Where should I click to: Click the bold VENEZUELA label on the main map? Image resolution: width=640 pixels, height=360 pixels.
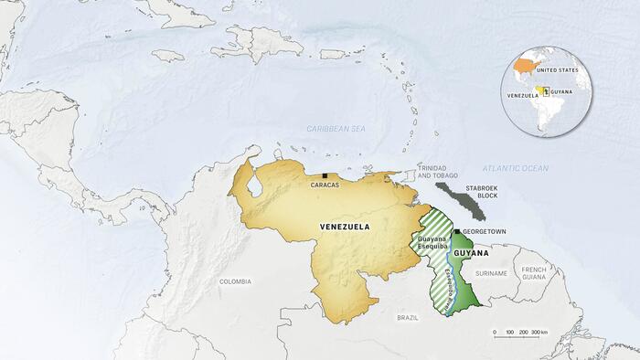(x=345, y=227)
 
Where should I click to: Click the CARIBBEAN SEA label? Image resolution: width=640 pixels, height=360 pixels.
(x=336, y=130)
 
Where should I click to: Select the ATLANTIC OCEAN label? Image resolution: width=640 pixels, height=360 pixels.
(x=515, y=168)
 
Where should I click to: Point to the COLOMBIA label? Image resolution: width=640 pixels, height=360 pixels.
(x=235, y=282)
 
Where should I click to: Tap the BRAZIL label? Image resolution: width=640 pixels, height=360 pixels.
(x=407, y=316)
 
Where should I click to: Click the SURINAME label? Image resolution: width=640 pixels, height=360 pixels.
(x=491, y=273)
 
